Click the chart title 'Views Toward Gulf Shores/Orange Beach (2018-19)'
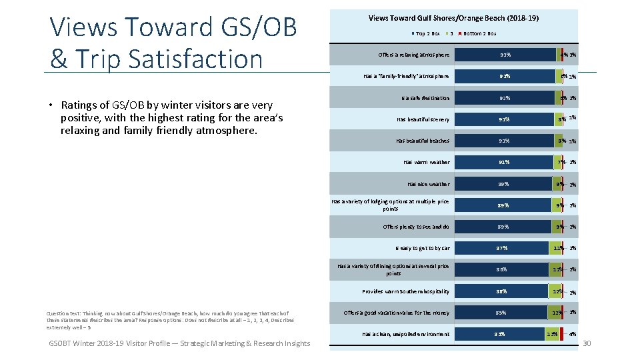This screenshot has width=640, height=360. [453, 18]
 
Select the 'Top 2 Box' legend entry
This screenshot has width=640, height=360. [427, 33]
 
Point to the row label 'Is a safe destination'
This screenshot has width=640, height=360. [425, 98]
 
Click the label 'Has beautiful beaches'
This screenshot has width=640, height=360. [422, 141]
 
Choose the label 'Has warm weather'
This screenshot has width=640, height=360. [426, 162]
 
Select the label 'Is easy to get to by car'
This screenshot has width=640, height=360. [422, 248]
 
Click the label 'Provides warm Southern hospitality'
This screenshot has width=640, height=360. [405, 291]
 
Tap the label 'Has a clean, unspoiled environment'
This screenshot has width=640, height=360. [405, 334]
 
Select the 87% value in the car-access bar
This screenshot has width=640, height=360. [502, 248]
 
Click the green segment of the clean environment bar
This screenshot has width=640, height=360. [552, 334]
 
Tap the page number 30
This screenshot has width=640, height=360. [587, 343]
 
